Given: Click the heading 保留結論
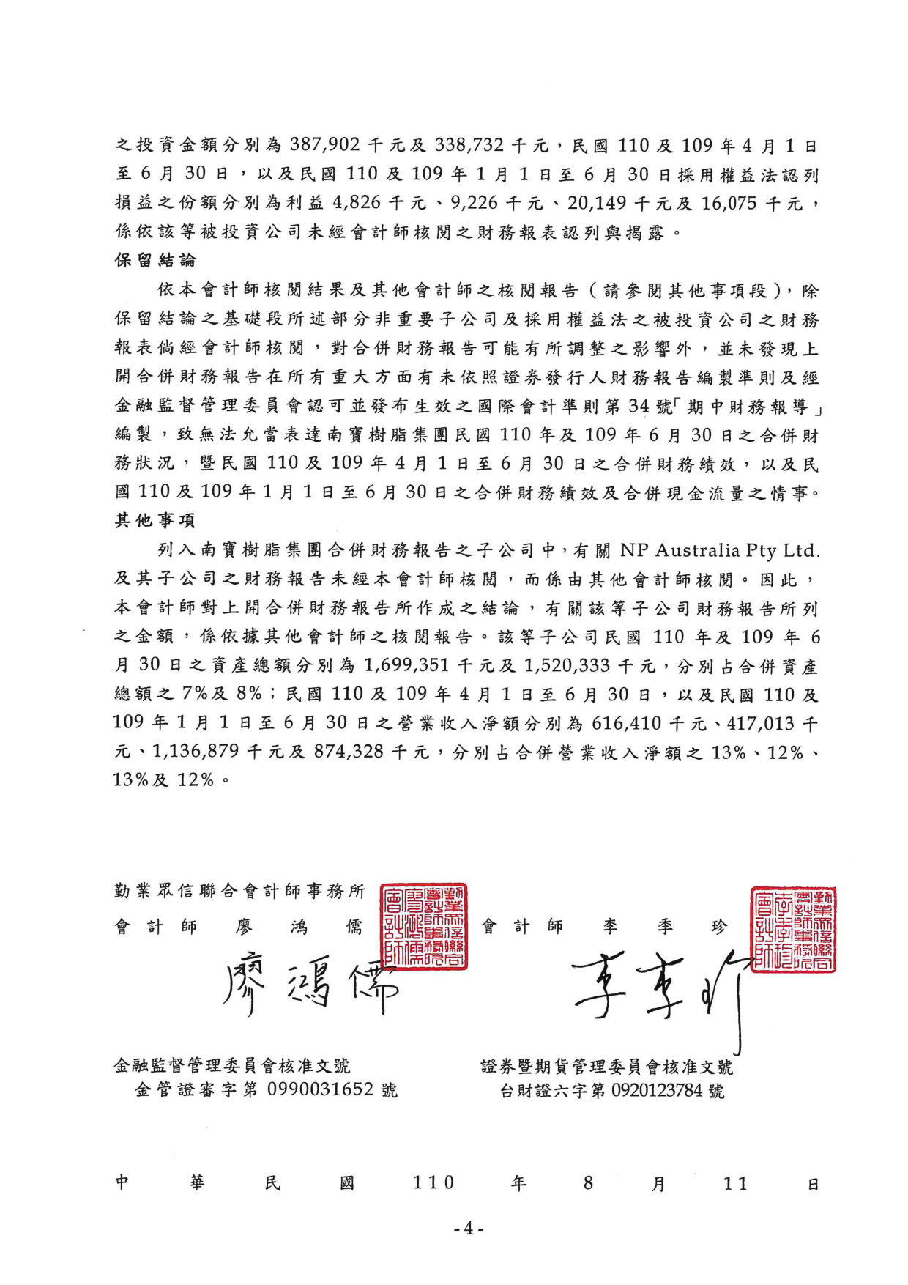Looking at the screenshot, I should [155, 261].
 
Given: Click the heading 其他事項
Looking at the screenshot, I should [155, 521].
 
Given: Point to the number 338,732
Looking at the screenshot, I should [469, 145].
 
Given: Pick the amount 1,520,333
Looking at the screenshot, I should [568, 666].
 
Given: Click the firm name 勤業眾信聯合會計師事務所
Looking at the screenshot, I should [239, 891].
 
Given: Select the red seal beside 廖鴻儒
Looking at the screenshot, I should [424, 926].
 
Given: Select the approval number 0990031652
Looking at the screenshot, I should [321, 1090].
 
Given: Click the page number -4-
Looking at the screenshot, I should [469, 1229].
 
